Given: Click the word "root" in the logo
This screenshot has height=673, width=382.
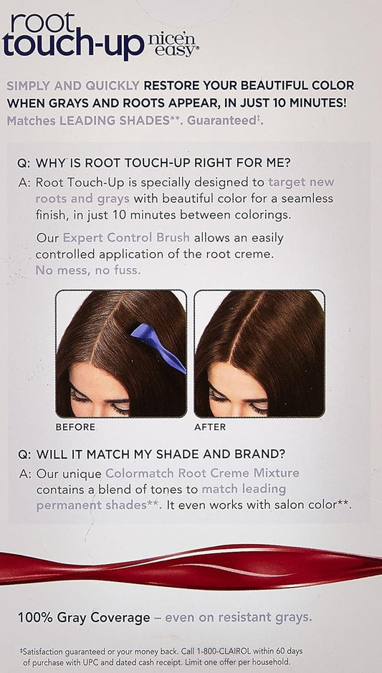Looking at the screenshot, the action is click(43, 24).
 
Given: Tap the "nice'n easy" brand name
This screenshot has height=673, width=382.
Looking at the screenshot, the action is click(173, 45).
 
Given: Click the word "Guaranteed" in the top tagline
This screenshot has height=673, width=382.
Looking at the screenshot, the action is click(221, 120).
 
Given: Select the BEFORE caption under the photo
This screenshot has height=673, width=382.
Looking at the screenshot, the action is click(75, 427).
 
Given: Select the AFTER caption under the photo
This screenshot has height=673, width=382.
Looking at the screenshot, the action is click(210, 427).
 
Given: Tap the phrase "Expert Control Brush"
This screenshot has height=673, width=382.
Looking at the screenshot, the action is click(126, 238).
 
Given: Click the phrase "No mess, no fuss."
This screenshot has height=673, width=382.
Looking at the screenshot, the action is click(88, 270).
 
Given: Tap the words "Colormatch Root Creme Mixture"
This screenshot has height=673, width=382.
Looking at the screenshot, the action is click(202, 474).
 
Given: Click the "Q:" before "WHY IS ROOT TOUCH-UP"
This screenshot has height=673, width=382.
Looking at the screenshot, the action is click(24, 164).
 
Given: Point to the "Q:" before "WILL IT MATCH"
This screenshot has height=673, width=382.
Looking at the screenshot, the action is click(24, 454).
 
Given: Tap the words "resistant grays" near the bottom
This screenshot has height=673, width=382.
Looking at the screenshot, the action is click(267, 618).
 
